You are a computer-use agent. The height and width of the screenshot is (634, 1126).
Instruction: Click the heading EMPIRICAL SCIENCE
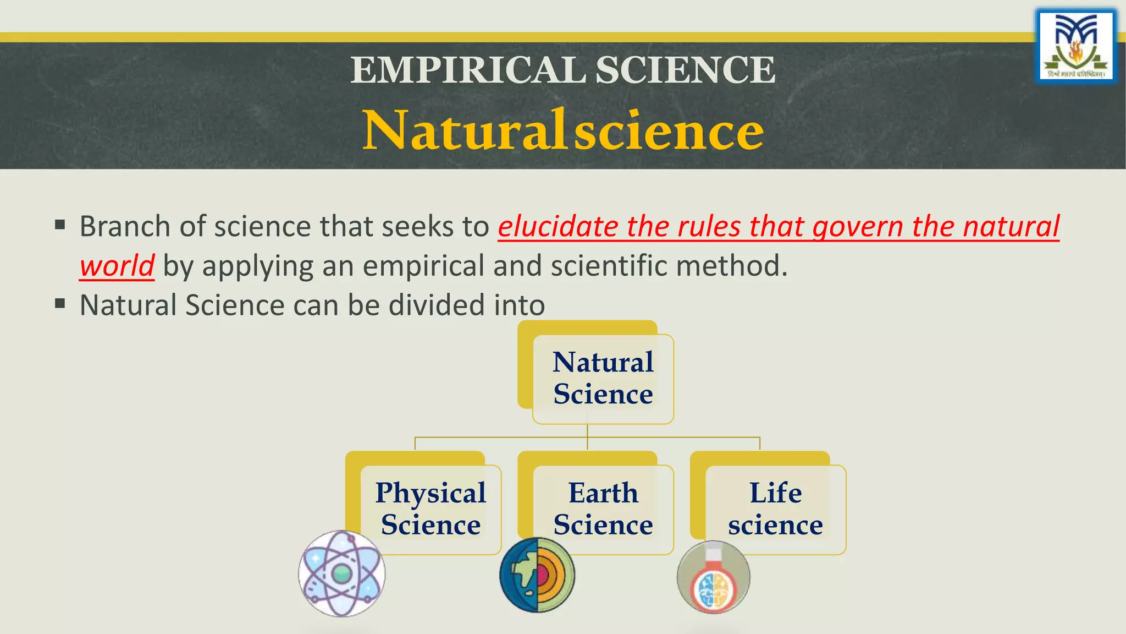click(x=563, y=70)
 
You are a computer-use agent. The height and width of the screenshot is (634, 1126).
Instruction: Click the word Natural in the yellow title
click(x=465, y=131)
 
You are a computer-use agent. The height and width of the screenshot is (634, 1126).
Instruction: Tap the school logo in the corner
click(x=1076, y=46)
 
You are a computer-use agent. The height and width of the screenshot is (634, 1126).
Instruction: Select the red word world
click(x=117, y=266)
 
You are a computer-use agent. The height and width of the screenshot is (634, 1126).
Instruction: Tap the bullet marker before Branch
click(x=60, y=225)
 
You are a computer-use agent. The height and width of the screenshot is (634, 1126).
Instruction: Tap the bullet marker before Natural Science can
click(x=60, y=303)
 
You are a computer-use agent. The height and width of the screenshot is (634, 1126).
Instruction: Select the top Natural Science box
click(x=603, y=379)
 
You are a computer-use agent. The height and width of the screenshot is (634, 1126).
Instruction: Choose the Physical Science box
click(x=430, y=509)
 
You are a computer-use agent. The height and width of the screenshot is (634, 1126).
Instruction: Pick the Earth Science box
click(x=603, y=509)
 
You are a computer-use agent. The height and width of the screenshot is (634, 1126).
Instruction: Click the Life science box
click(x=775, y=509)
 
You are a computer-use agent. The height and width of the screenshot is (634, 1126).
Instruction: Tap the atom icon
click(x=341, y=573)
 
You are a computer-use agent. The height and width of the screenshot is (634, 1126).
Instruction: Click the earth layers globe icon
click(x=537, y=575)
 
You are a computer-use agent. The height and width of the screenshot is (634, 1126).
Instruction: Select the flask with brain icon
click(x=713, y=577)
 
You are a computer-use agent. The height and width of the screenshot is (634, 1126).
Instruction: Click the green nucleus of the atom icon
click(x=341, y=574)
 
